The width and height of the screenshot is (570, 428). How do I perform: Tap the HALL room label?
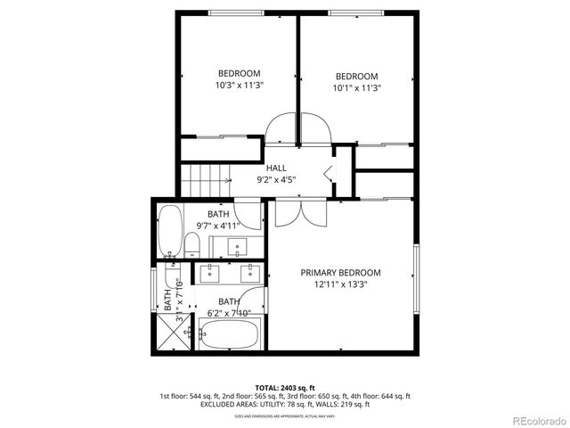[276, 168]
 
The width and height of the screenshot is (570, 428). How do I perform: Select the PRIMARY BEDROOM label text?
[340, 273]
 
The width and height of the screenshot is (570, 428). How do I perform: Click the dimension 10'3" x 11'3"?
[239, 86]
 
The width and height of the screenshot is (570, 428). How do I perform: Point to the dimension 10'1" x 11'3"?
[356, 88]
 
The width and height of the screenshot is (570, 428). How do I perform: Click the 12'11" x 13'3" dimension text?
[340, 285]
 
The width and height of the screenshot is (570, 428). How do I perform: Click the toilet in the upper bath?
[191, 245]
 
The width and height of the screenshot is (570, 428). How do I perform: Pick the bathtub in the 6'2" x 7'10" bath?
[229, 335]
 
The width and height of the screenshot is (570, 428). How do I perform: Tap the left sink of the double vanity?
[214, 270]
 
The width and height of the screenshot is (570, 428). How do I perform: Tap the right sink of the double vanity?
[248, 270]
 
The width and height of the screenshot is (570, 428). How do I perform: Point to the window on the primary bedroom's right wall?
[415, 272]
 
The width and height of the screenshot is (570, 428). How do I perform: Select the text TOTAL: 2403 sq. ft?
[284, 388]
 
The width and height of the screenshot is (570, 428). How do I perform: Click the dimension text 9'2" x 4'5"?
[276, 179]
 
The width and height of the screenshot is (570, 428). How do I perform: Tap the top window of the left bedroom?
[235, 12]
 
